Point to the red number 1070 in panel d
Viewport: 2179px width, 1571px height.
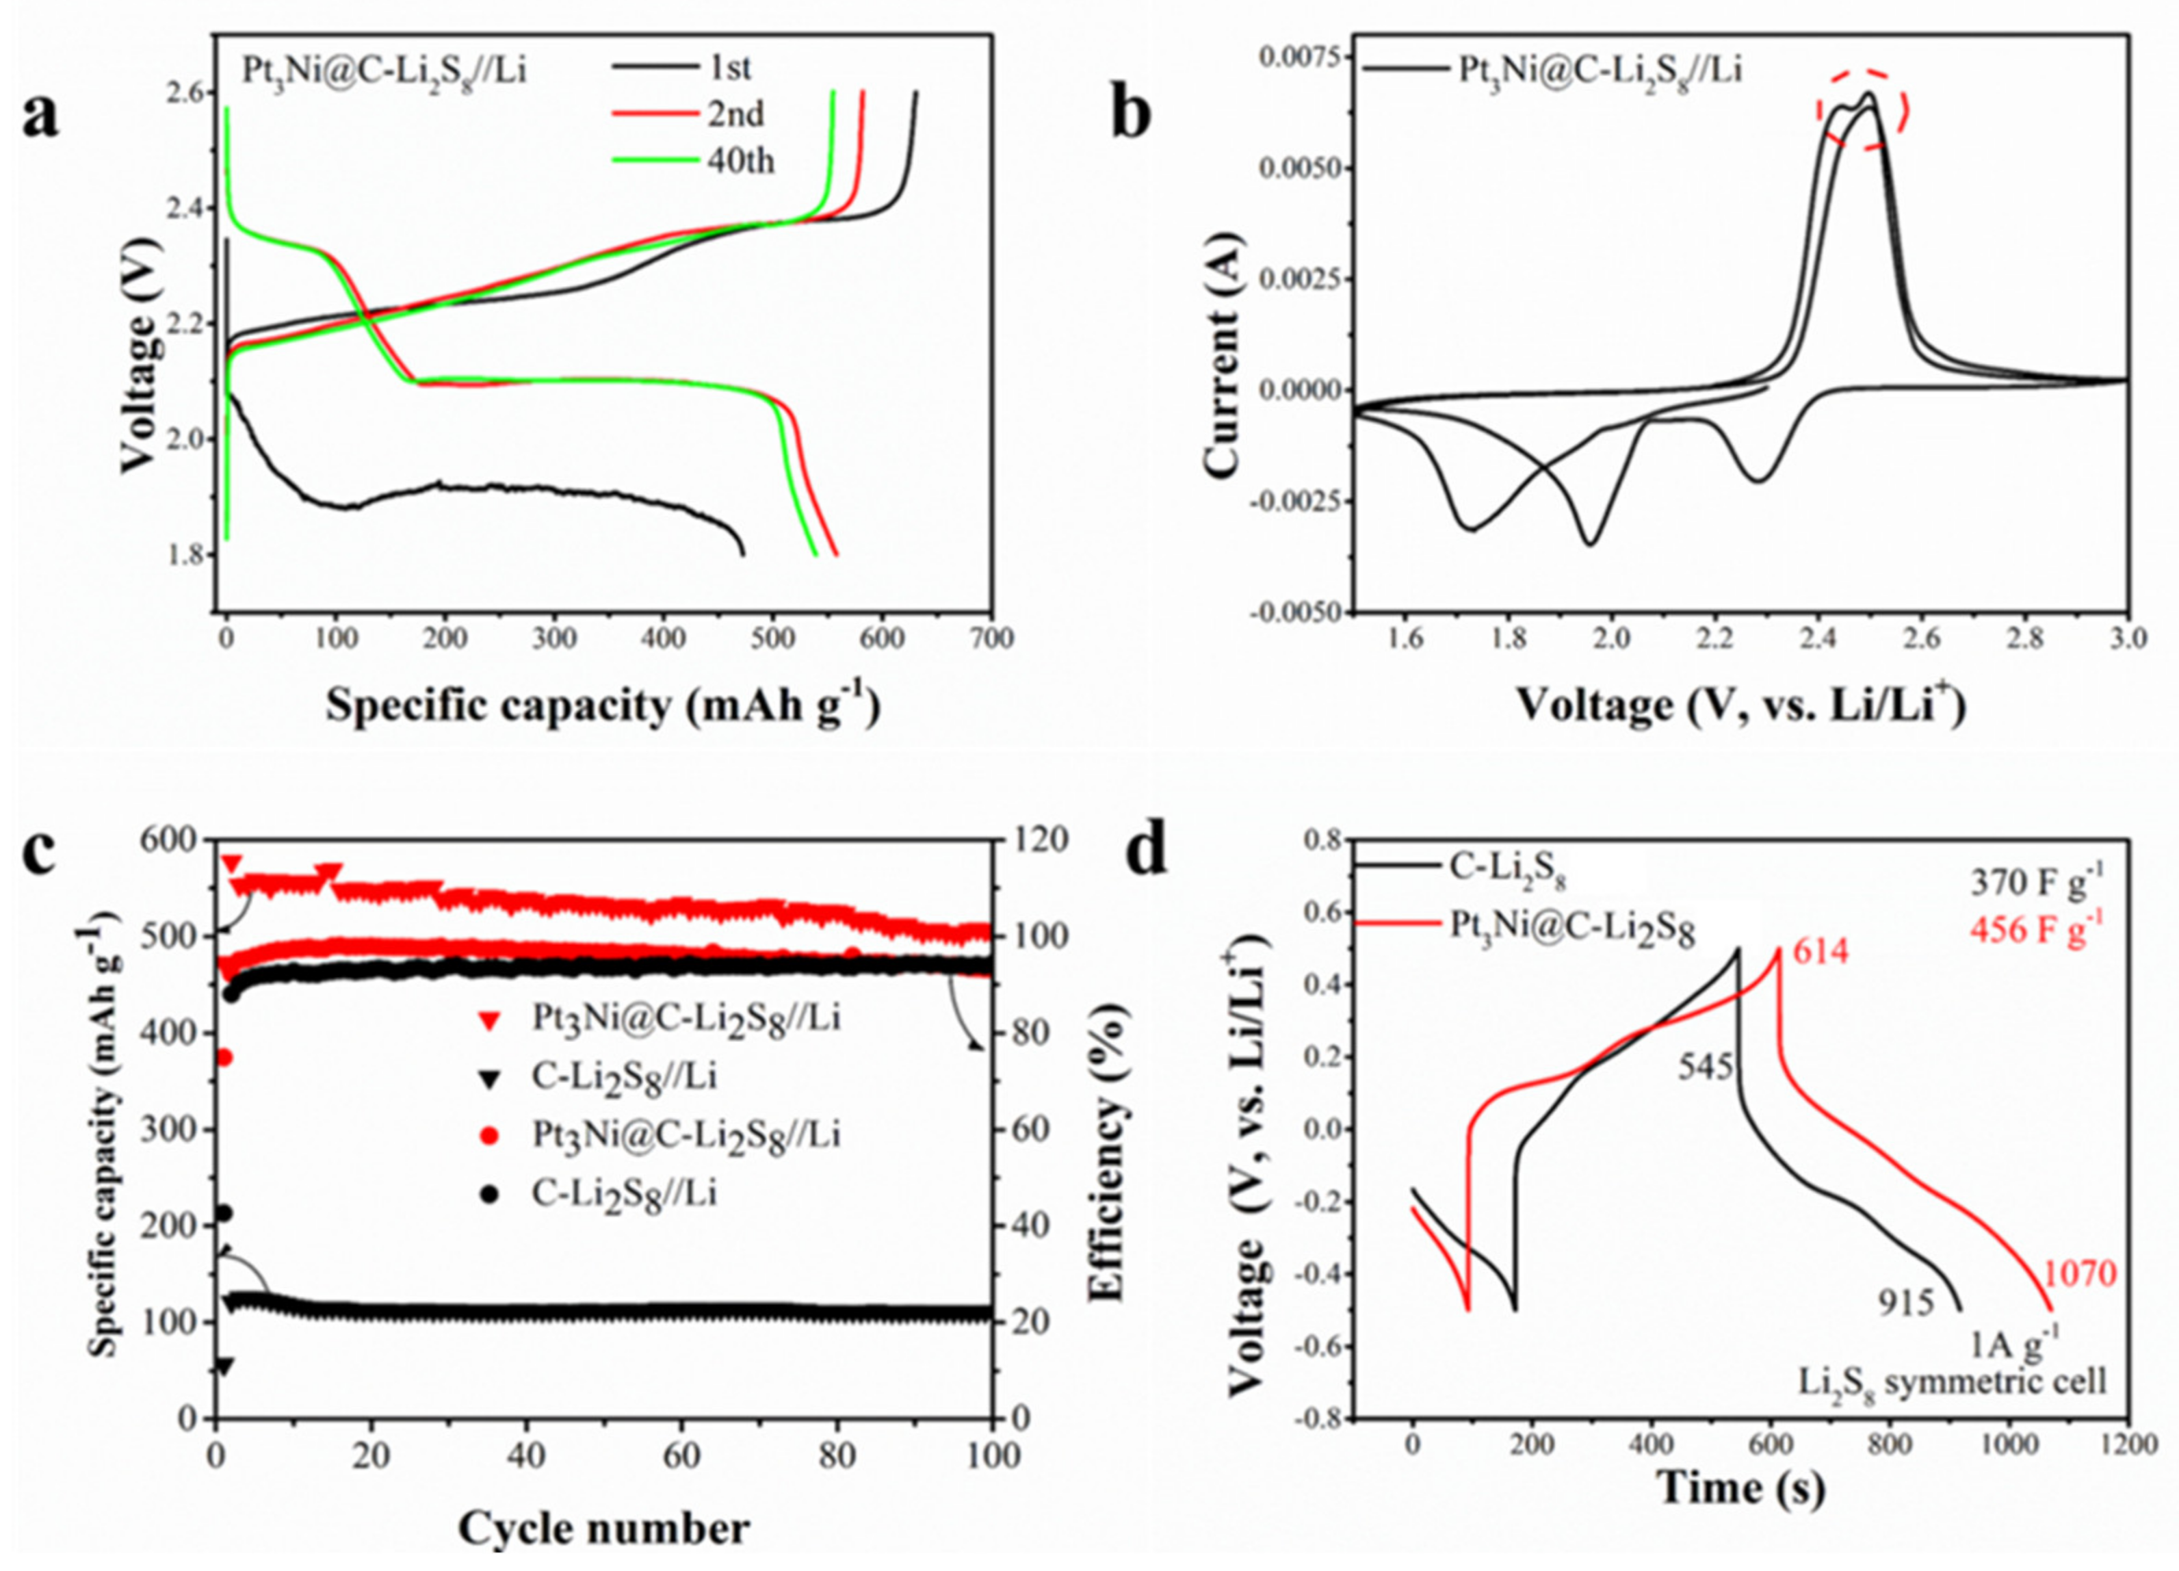pos(2079,1274)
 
